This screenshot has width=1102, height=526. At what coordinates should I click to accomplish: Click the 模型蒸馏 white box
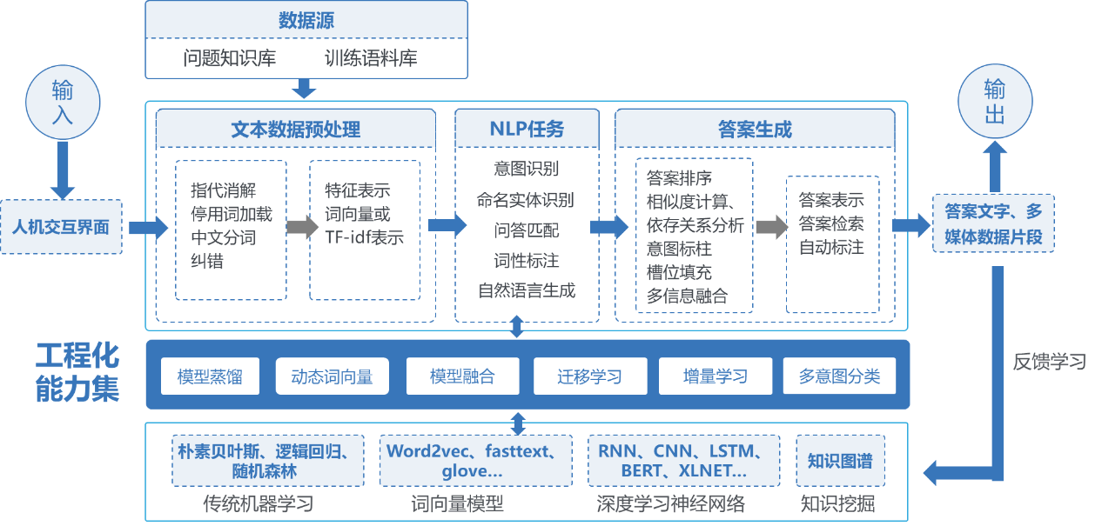pos(210,377)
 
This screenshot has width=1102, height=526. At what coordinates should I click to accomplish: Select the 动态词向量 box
pos(332,377)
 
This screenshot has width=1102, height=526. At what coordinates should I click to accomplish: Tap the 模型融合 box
pos(462,377)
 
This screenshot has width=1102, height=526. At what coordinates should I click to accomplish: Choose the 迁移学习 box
pos(589,377)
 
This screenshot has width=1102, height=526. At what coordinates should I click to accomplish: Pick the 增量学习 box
pos(715,377)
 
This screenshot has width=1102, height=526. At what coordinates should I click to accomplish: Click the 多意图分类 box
pos(839,377)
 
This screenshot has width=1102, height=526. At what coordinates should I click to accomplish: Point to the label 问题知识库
pos(230,59)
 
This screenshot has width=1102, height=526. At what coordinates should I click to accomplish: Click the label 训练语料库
pos(371,59)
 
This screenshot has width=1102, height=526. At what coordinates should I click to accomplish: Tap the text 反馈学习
pos(1050,362)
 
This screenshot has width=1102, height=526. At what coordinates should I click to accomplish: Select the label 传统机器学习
pos(258,504)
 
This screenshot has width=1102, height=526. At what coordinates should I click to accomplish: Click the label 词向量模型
pos(457,504)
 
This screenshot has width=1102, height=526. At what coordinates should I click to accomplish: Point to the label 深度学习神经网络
pos(670,504)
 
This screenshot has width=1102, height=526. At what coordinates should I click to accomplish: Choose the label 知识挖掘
pos(837,504)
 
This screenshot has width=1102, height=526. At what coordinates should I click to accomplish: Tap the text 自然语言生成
pos(527,290)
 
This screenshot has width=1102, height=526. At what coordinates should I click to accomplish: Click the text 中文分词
pos(223,237)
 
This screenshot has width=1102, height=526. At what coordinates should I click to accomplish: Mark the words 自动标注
pos(831,248)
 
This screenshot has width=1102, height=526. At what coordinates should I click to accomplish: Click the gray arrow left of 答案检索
pos(770,227)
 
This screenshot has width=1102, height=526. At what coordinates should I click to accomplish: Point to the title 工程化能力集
pos(77,373)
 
